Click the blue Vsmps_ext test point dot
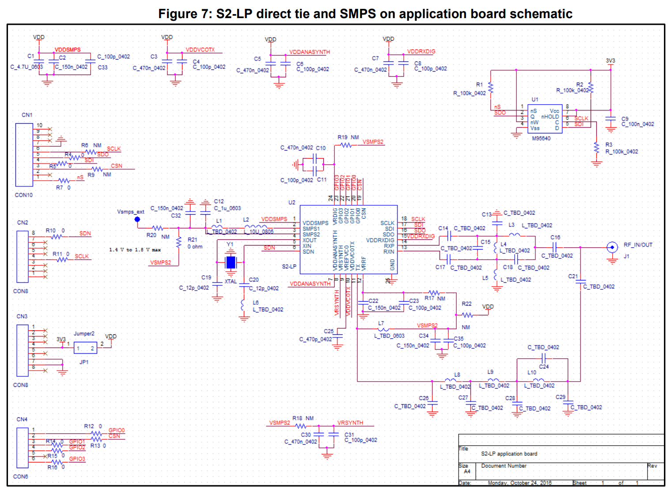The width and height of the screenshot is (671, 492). (137, 219)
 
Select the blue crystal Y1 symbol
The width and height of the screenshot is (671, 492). (231, 262)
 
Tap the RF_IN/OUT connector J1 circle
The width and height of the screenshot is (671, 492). (612, 247)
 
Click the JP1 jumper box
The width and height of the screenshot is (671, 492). (85, 348)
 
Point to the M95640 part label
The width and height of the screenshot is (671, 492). (541, 138)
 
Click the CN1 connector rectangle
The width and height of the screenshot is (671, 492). (24, 155)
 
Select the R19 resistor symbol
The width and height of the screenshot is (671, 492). (346, 145)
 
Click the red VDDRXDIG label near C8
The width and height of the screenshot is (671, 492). (421, 52)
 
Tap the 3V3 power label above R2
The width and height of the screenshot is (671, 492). (610, 61)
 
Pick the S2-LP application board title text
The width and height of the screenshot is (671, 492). (509, 454)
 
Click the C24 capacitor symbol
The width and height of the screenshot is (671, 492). (544, 359)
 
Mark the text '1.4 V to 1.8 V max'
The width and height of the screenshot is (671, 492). (135, 250)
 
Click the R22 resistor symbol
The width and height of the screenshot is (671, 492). (467, 315)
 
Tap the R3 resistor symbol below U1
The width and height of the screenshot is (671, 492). (596, 148)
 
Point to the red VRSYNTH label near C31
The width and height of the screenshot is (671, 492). (350, 423)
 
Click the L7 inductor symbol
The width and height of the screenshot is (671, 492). (383, 329)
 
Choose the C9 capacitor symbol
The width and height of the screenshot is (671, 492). (610, 121)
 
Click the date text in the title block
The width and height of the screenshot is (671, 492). (519, 483)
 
